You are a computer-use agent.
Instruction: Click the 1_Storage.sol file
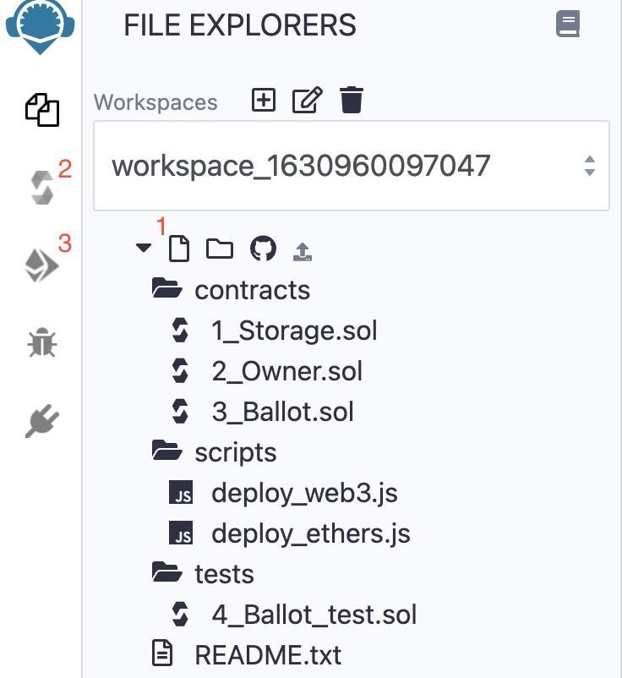(294, 331)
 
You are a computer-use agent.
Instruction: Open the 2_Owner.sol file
(287, 371)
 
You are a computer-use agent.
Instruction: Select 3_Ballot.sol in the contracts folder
(282, 412)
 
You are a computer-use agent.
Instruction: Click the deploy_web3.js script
(304, 494)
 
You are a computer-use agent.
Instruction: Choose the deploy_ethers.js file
(311, 533)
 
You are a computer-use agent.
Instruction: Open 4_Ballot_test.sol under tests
(314, 615)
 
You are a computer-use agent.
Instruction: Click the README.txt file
(268, 655)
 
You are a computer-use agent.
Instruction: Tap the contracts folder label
(252, 291)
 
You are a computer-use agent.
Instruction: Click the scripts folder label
(236, 453)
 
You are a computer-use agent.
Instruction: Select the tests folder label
(224, 575)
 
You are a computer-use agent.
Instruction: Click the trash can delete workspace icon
(351, 100)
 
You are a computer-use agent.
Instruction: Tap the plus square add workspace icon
(264, 100)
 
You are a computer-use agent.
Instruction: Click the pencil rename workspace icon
(308, 100)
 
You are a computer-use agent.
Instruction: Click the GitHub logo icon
(263, 249)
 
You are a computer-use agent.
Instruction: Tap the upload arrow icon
(303, 252)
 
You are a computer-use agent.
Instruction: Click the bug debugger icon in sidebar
(42, 343)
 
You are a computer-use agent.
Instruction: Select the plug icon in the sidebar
(42, 421)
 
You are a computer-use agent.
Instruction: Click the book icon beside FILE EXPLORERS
(568, 24)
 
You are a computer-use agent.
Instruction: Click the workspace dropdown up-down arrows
(590, 166)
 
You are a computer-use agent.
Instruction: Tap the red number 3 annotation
(65, 243)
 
